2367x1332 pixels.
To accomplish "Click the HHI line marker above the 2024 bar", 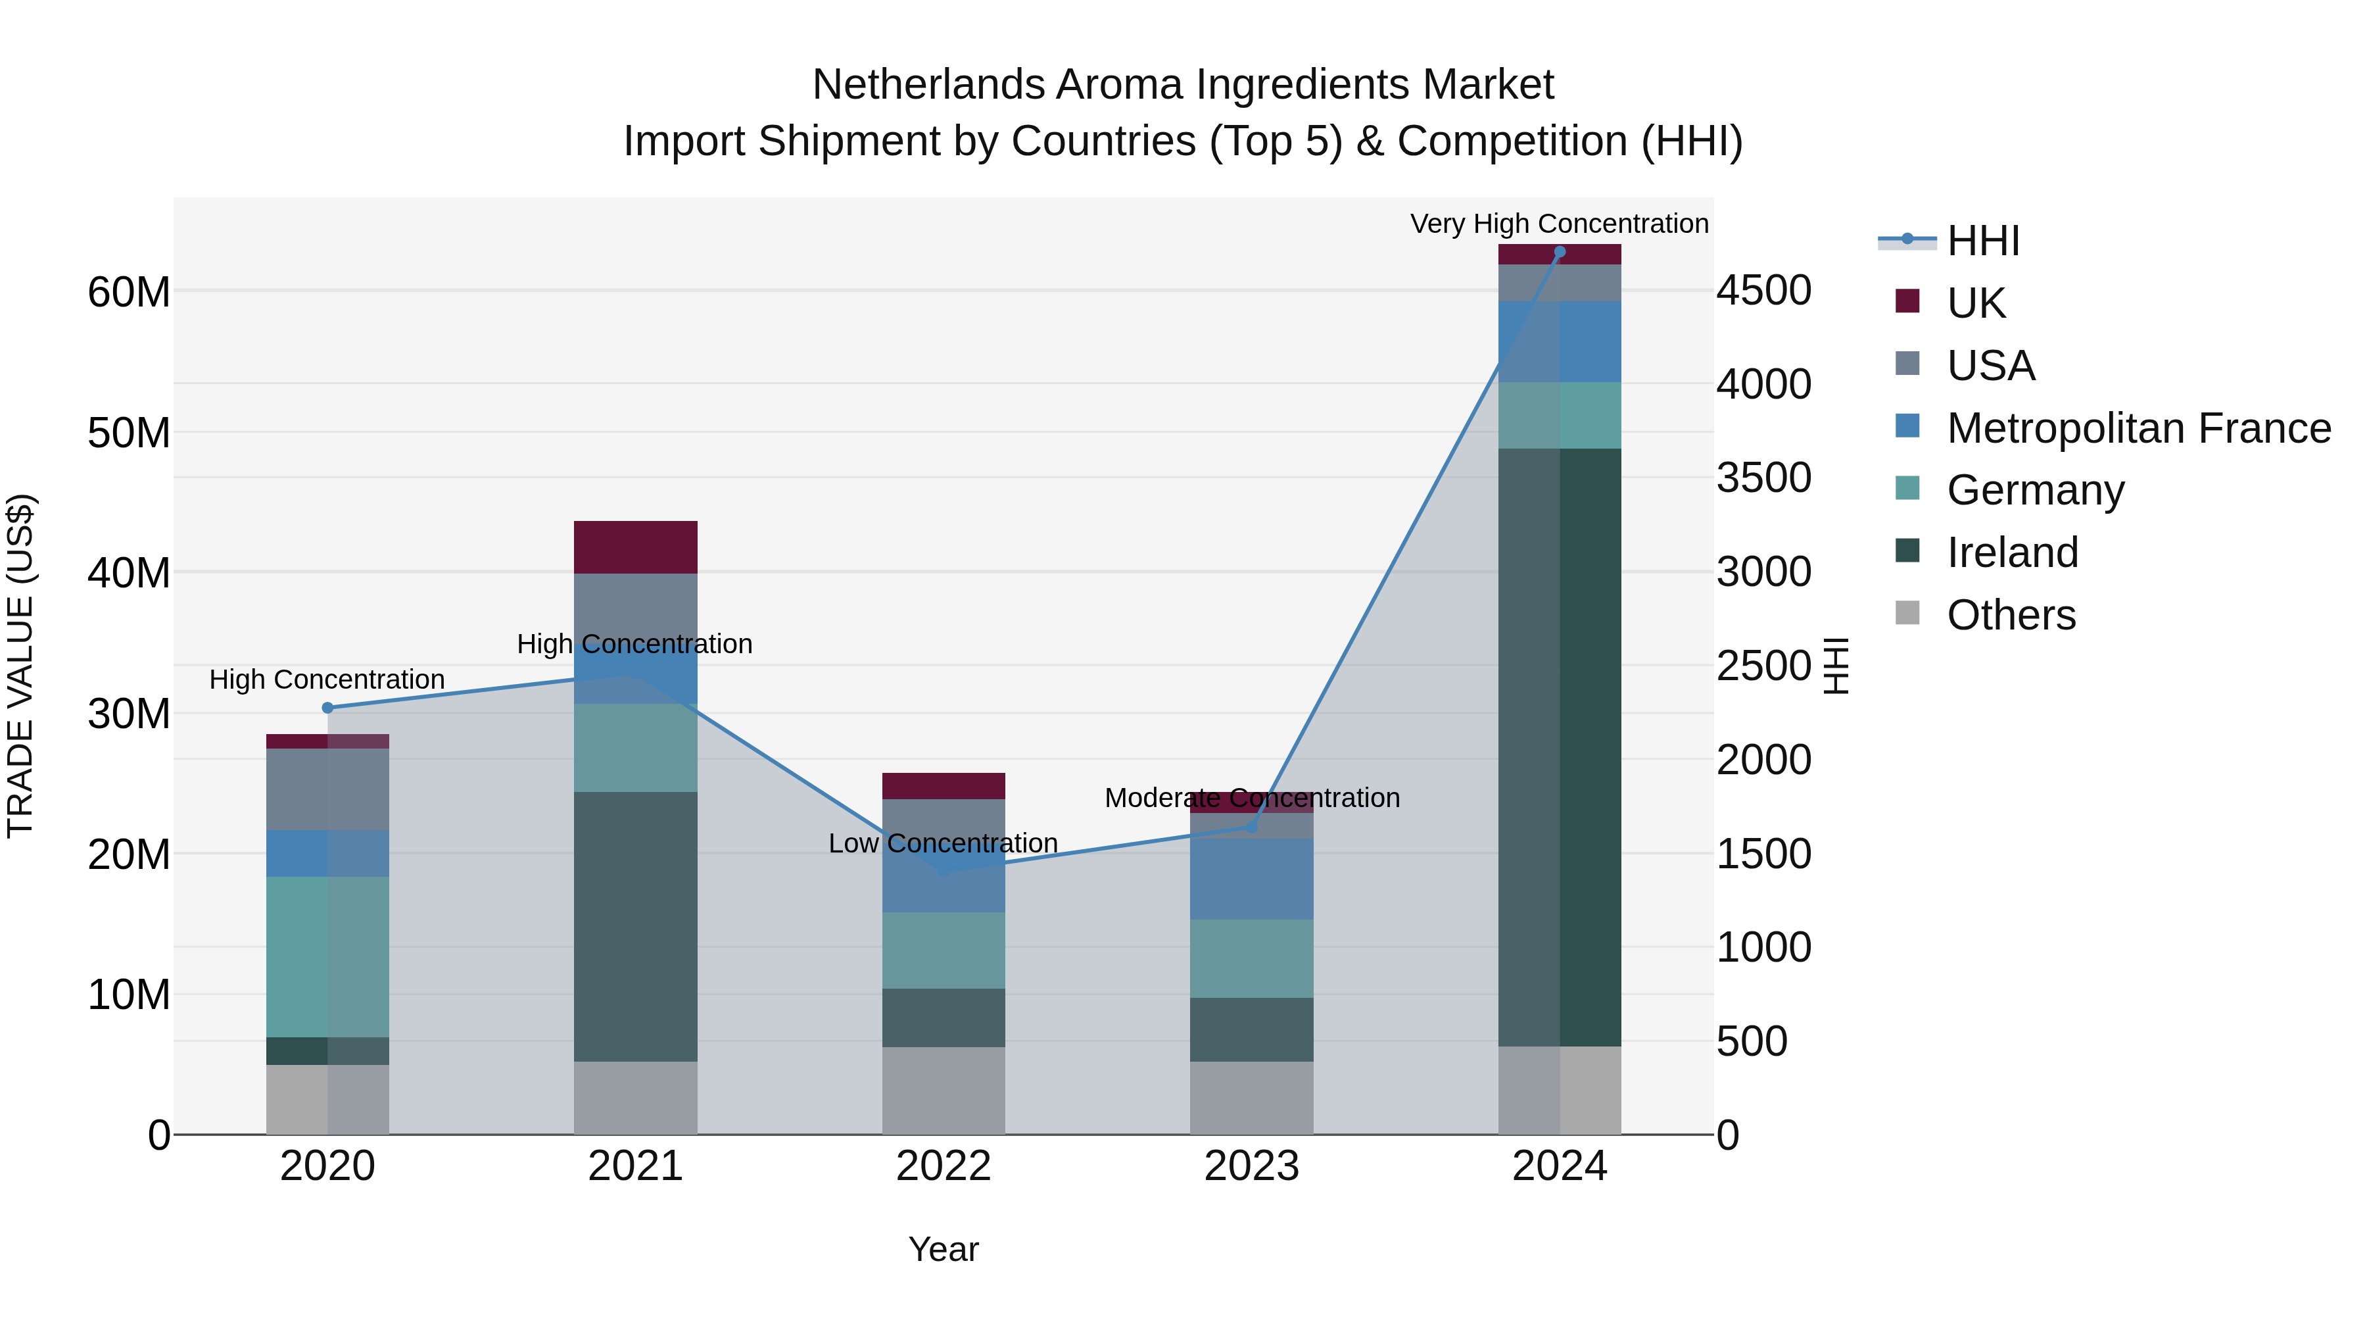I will (x=1560, y=252).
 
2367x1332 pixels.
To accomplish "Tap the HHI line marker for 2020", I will (x=327, y=708).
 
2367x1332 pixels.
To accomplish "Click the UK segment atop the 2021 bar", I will (x=635, y=547).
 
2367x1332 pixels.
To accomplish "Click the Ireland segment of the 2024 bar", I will (x=1560, y=747).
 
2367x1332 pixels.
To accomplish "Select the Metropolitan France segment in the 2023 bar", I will (x=1251, y=879).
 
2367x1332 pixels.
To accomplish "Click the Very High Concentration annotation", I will (x=1560, y=224).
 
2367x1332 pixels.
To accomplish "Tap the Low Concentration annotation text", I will (x=943, y=843).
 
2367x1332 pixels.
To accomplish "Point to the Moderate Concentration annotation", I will (x=1251, y=798).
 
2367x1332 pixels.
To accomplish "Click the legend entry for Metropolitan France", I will (x=2138, y=428).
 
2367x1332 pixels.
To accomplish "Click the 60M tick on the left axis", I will (x=129, y=292).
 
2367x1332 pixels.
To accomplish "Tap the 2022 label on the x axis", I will (x=943, y=1166).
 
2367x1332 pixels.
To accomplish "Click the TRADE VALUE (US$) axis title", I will (x=21, y=666).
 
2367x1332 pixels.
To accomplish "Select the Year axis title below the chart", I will (x=943, y=1249).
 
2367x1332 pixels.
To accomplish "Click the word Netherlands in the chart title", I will (x=928, y=85).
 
